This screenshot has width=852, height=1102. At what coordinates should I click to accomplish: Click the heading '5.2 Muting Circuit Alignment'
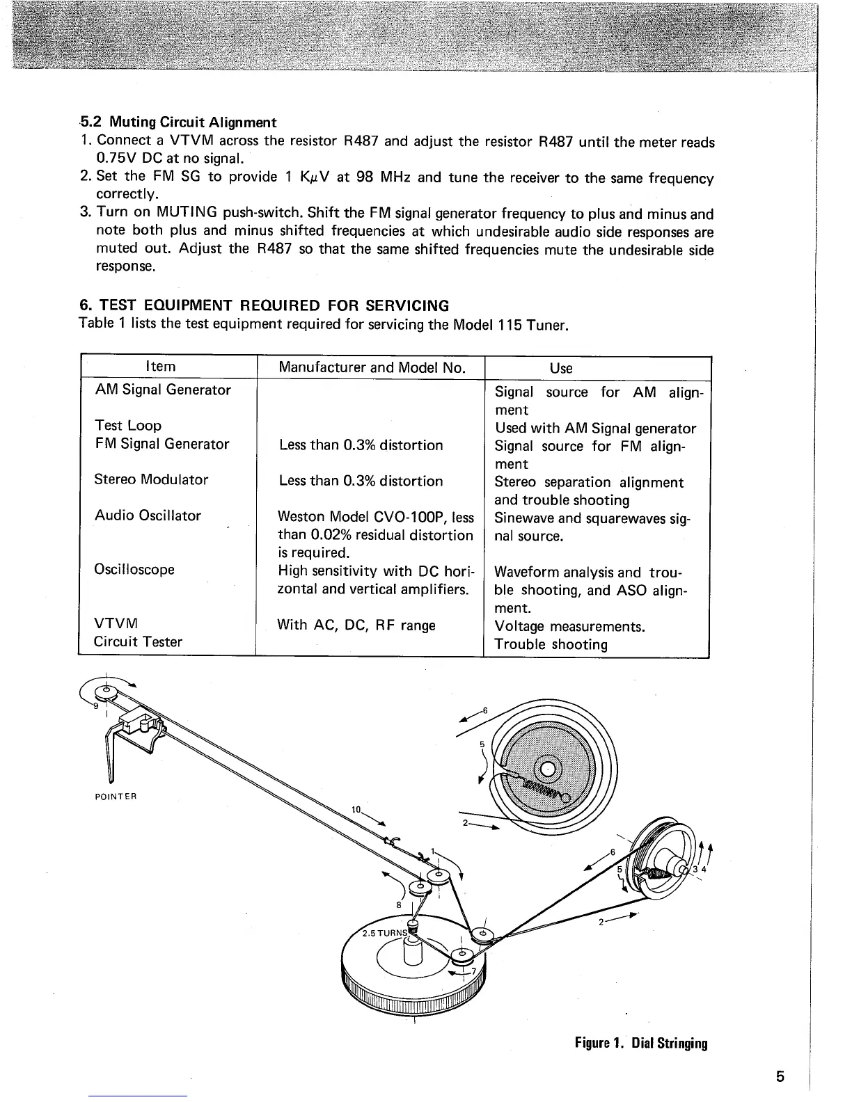coord(178,122)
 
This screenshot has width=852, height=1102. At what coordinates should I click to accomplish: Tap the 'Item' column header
coord(159,367)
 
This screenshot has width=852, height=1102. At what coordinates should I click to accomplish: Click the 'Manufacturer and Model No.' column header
coord(371,367)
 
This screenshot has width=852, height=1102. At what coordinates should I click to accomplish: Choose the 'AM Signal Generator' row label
coord(162,390)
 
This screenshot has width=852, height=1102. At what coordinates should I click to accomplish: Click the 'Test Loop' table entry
coord(127,426)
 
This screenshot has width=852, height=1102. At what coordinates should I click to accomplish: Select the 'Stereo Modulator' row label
coord(151,480)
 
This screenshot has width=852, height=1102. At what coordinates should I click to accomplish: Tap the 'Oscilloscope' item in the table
coord(134,570)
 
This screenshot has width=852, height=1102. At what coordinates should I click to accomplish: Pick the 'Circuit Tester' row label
coord(138,642)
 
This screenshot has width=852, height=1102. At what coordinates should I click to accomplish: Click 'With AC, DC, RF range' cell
coord(356,625)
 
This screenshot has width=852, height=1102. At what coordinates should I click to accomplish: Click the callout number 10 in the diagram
coord(356,810)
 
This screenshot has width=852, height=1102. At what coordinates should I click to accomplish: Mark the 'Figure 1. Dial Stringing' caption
coord(641,1044)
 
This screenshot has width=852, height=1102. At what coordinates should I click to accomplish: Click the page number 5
coord(780,1078)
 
